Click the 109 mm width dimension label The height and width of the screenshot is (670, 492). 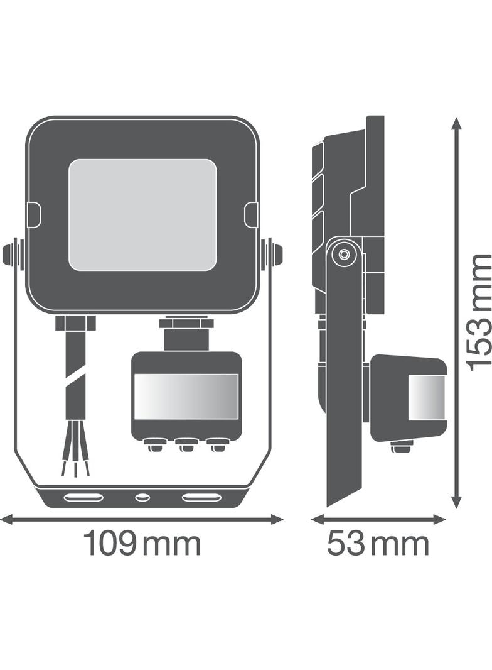coord(142,544)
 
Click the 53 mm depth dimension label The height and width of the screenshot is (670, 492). coord(378,544)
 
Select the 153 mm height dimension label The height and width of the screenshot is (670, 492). coord(479,312)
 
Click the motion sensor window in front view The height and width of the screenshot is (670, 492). coord(186,397)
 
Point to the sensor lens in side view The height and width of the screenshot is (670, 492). coord(426,398)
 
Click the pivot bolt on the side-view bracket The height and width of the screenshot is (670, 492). coord(343,255)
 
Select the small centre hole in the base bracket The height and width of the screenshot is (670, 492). coord(142,498)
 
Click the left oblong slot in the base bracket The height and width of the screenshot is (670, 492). coord(83,498)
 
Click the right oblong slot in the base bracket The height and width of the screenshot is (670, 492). coord(201,498)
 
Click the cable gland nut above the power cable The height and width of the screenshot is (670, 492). coord(75,323)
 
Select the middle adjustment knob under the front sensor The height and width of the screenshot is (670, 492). coord(186,447)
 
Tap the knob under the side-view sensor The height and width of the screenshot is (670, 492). coord(401,447)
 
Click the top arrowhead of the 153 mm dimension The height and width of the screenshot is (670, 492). coord(457,123)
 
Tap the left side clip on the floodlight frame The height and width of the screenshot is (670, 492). coord(34,215)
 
